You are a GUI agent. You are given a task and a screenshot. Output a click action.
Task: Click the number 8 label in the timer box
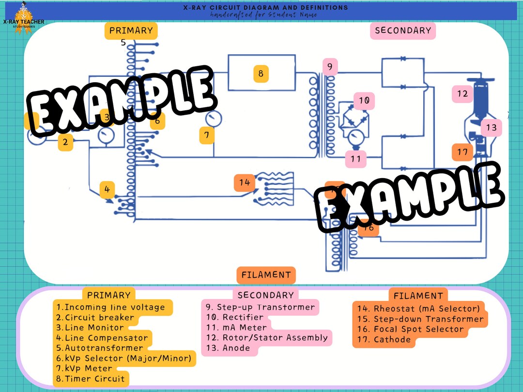pyautogui.click(x=261, y=74)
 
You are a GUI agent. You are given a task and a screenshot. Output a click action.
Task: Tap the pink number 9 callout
pyautogui.click(x=329, y=67)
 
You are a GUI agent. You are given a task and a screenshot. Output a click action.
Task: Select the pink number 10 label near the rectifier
pyautogui.click(x=364, y=101)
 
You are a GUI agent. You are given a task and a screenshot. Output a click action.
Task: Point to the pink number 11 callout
pyautogui.click(x=356, y=158)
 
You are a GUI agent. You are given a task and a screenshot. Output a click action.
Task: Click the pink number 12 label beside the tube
pyautogui.click(x=462, y=93)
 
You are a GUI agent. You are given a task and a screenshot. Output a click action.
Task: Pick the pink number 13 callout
pyautogui.click(x=491, y=128)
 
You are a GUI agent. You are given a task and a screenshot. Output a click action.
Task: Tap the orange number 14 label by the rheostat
pyautogui.click(x=245, y=182)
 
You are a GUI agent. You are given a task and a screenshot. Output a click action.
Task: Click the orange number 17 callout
pyautogui.click(x=462, y=152)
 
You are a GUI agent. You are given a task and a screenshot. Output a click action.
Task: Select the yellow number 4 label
pyautogui.click(x=108, y=190)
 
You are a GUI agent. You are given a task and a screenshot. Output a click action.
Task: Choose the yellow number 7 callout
pyautogui.click(x=207, y=136)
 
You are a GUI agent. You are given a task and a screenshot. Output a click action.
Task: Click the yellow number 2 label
pyautogui.click(x=65, y=142)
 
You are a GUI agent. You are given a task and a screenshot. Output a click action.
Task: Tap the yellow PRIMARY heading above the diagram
pyautogui.click(x=131, y=30)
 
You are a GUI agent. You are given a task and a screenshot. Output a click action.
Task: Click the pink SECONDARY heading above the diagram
pyautogui.click(x=402, y=30)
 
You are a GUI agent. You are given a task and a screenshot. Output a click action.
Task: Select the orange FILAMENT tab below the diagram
pyautogui.click(x=266, y=274)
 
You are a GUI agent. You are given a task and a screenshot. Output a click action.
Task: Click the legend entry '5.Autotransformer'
pyautogui.click(x=100, y=348)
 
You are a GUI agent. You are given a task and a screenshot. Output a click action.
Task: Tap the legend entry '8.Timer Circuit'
pyautogui.click(x=90, y=379)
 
